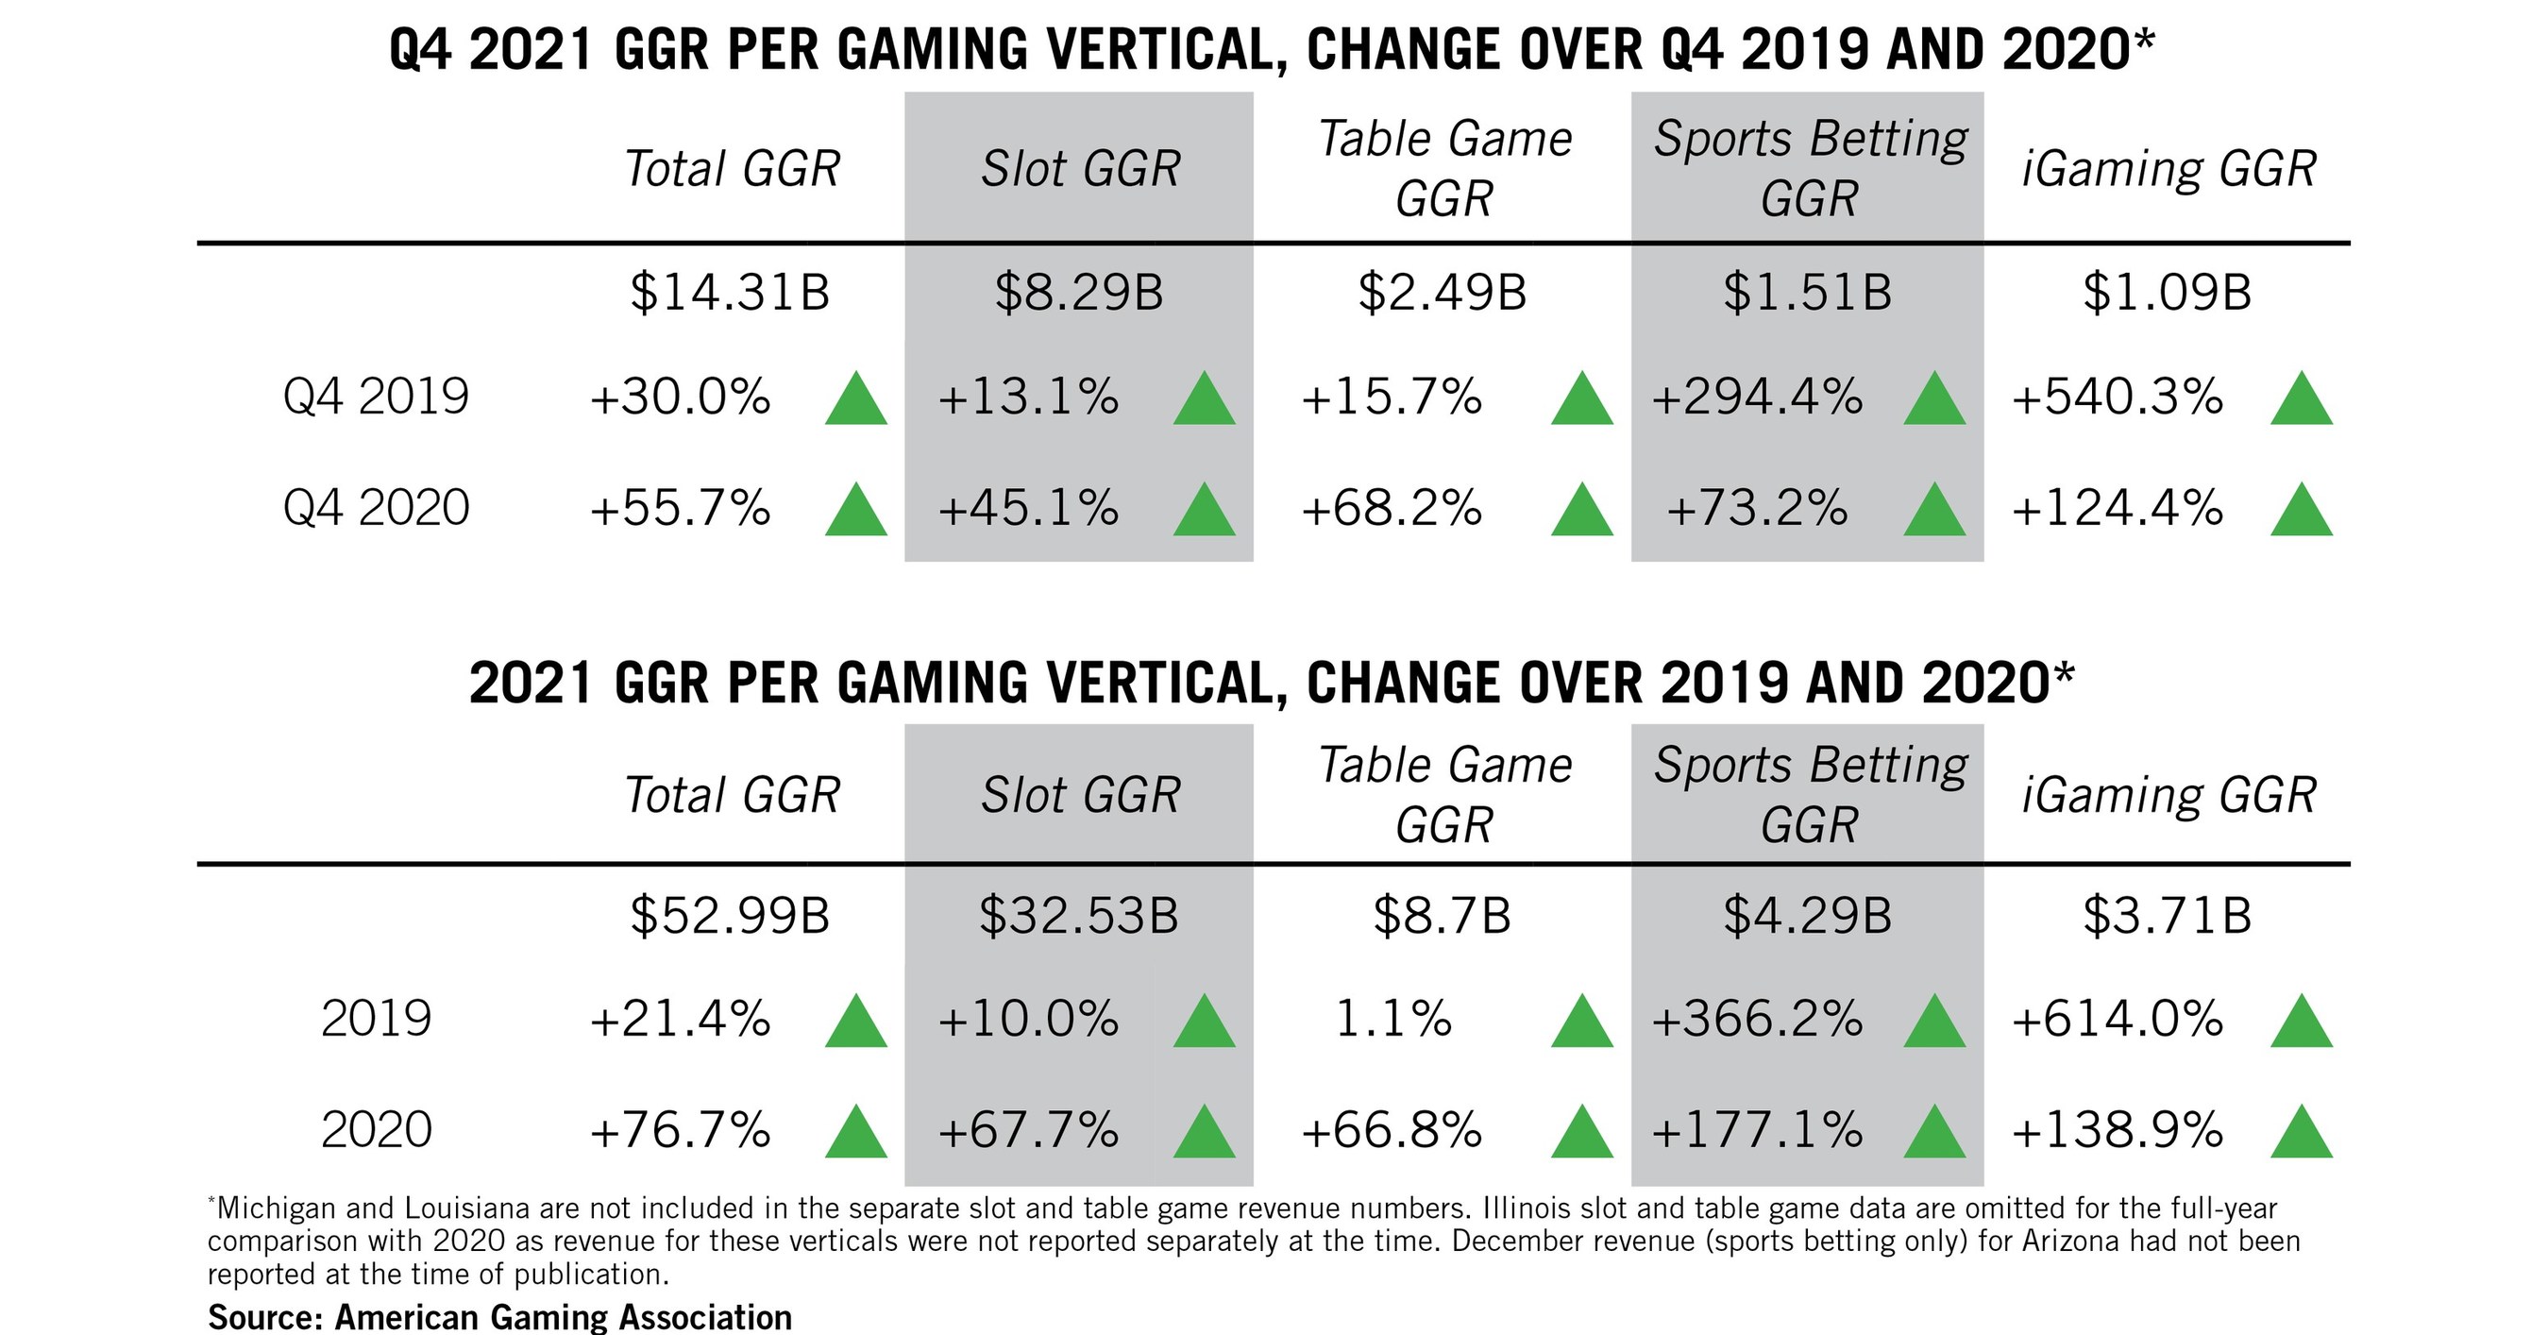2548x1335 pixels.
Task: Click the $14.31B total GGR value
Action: coord(729,293)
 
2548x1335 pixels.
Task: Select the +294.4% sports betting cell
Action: coord(1757,397)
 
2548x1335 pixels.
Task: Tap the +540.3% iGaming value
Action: coord(2118,397)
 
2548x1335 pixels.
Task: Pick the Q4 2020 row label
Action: coord(376,508)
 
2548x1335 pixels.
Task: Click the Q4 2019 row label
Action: coord(376,397)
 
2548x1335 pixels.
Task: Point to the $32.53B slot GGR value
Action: coord(1078,916)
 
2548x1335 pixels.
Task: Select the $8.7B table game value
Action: coord(1443,916)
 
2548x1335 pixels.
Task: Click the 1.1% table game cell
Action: coord(1392,1020)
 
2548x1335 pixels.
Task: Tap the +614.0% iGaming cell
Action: coord(2118,1020)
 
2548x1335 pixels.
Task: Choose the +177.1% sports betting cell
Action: coord(1757,1130)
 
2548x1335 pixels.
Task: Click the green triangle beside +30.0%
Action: coord(855,400)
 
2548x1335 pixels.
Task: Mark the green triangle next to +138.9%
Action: coord(2302,1133)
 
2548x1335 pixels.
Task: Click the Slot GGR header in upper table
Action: coord(1080,169)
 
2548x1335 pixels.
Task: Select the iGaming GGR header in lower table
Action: coord(2168,795)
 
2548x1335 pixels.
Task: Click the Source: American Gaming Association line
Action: coord(499,1317)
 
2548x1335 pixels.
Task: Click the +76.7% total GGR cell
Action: coord(680,1130)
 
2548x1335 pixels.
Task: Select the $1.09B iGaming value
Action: coord(2167,293)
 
